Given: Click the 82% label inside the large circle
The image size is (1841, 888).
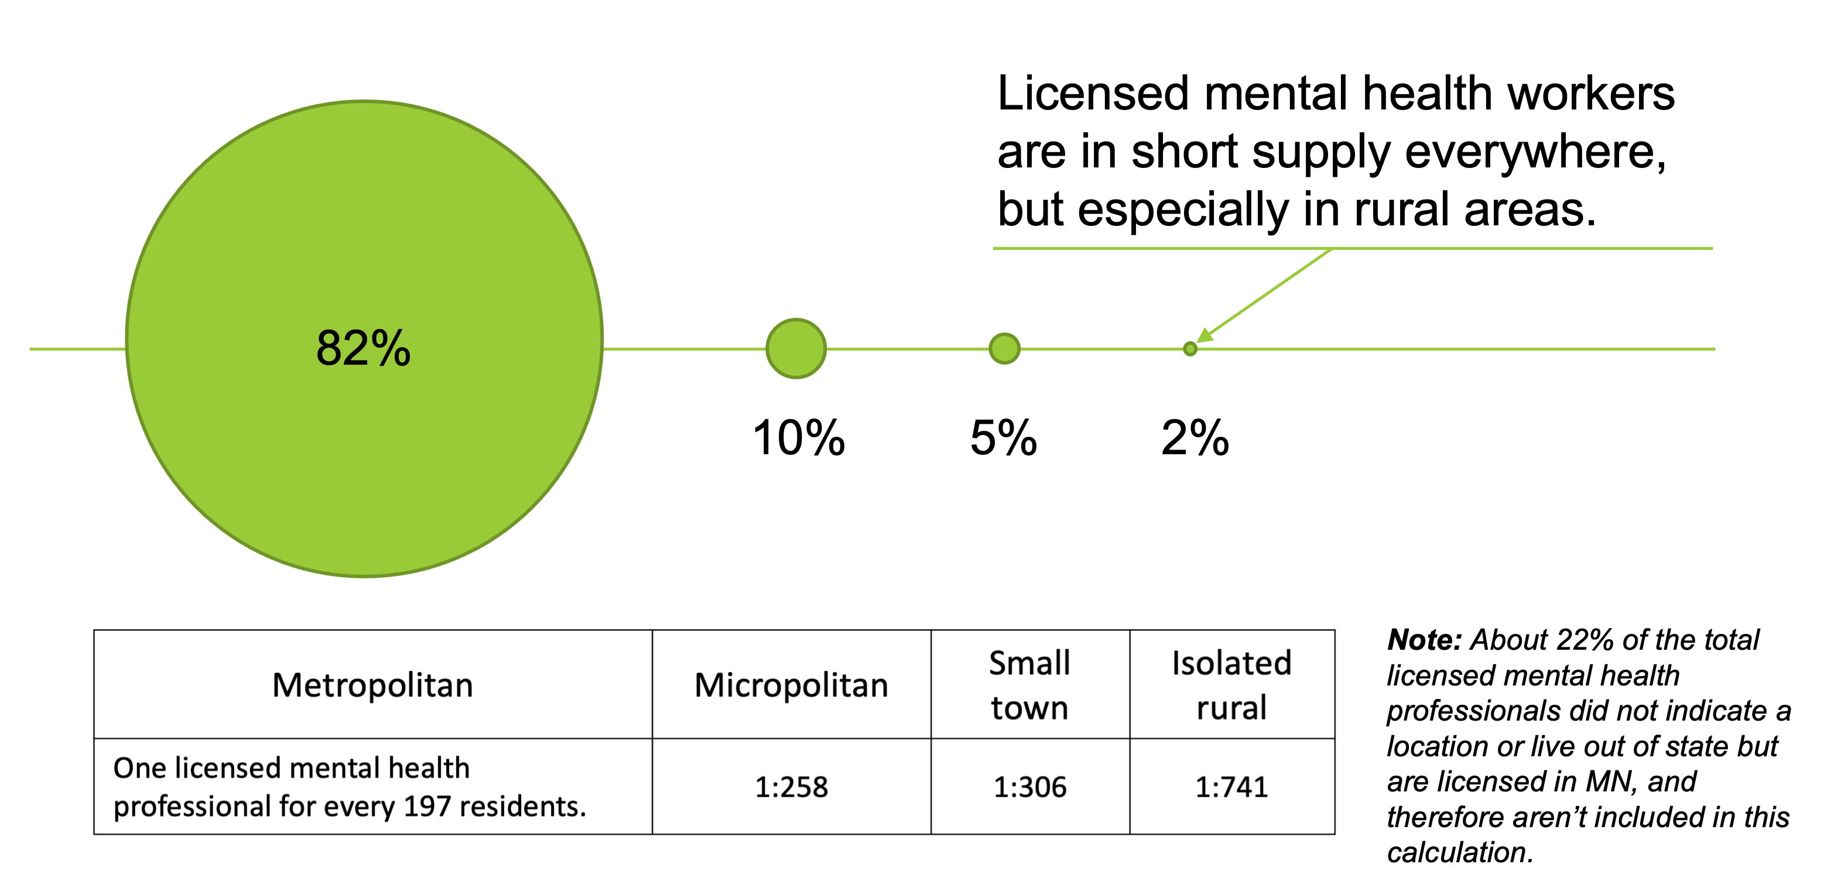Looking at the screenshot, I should [x=363, y=349].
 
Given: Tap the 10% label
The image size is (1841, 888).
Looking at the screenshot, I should [x=798, y=437].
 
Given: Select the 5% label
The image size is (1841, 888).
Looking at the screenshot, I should [x=1004, y=437].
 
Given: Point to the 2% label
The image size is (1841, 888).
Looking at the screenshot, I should [x=1195, y=437].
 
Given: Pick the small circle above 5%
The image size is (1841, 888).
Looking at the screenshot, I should [x=1004, y=349].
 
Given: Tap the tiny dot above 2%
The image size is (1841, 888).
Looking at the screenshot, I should [x=1190, y=349].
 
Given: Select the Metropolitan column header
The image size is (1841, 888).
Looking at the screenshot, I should [x=372, y=685].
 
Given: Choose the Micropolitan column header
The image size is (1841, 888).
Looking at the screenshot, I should [x=791, y=685].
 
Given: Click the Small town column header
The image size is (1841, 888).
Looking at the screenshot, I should [x=1029, y=685].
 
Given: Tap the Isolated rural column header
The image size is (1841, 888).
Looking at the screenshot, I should [x=1231, y=685].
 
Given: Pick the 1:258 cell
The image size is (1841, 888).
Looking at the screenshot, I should [x=791, y=787].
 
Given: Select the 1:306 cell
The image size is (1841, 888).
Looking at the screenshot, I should [x=1029, y=787].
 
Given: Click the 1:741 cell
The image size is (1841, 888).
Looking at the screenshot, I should [x=1231, y=787].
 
